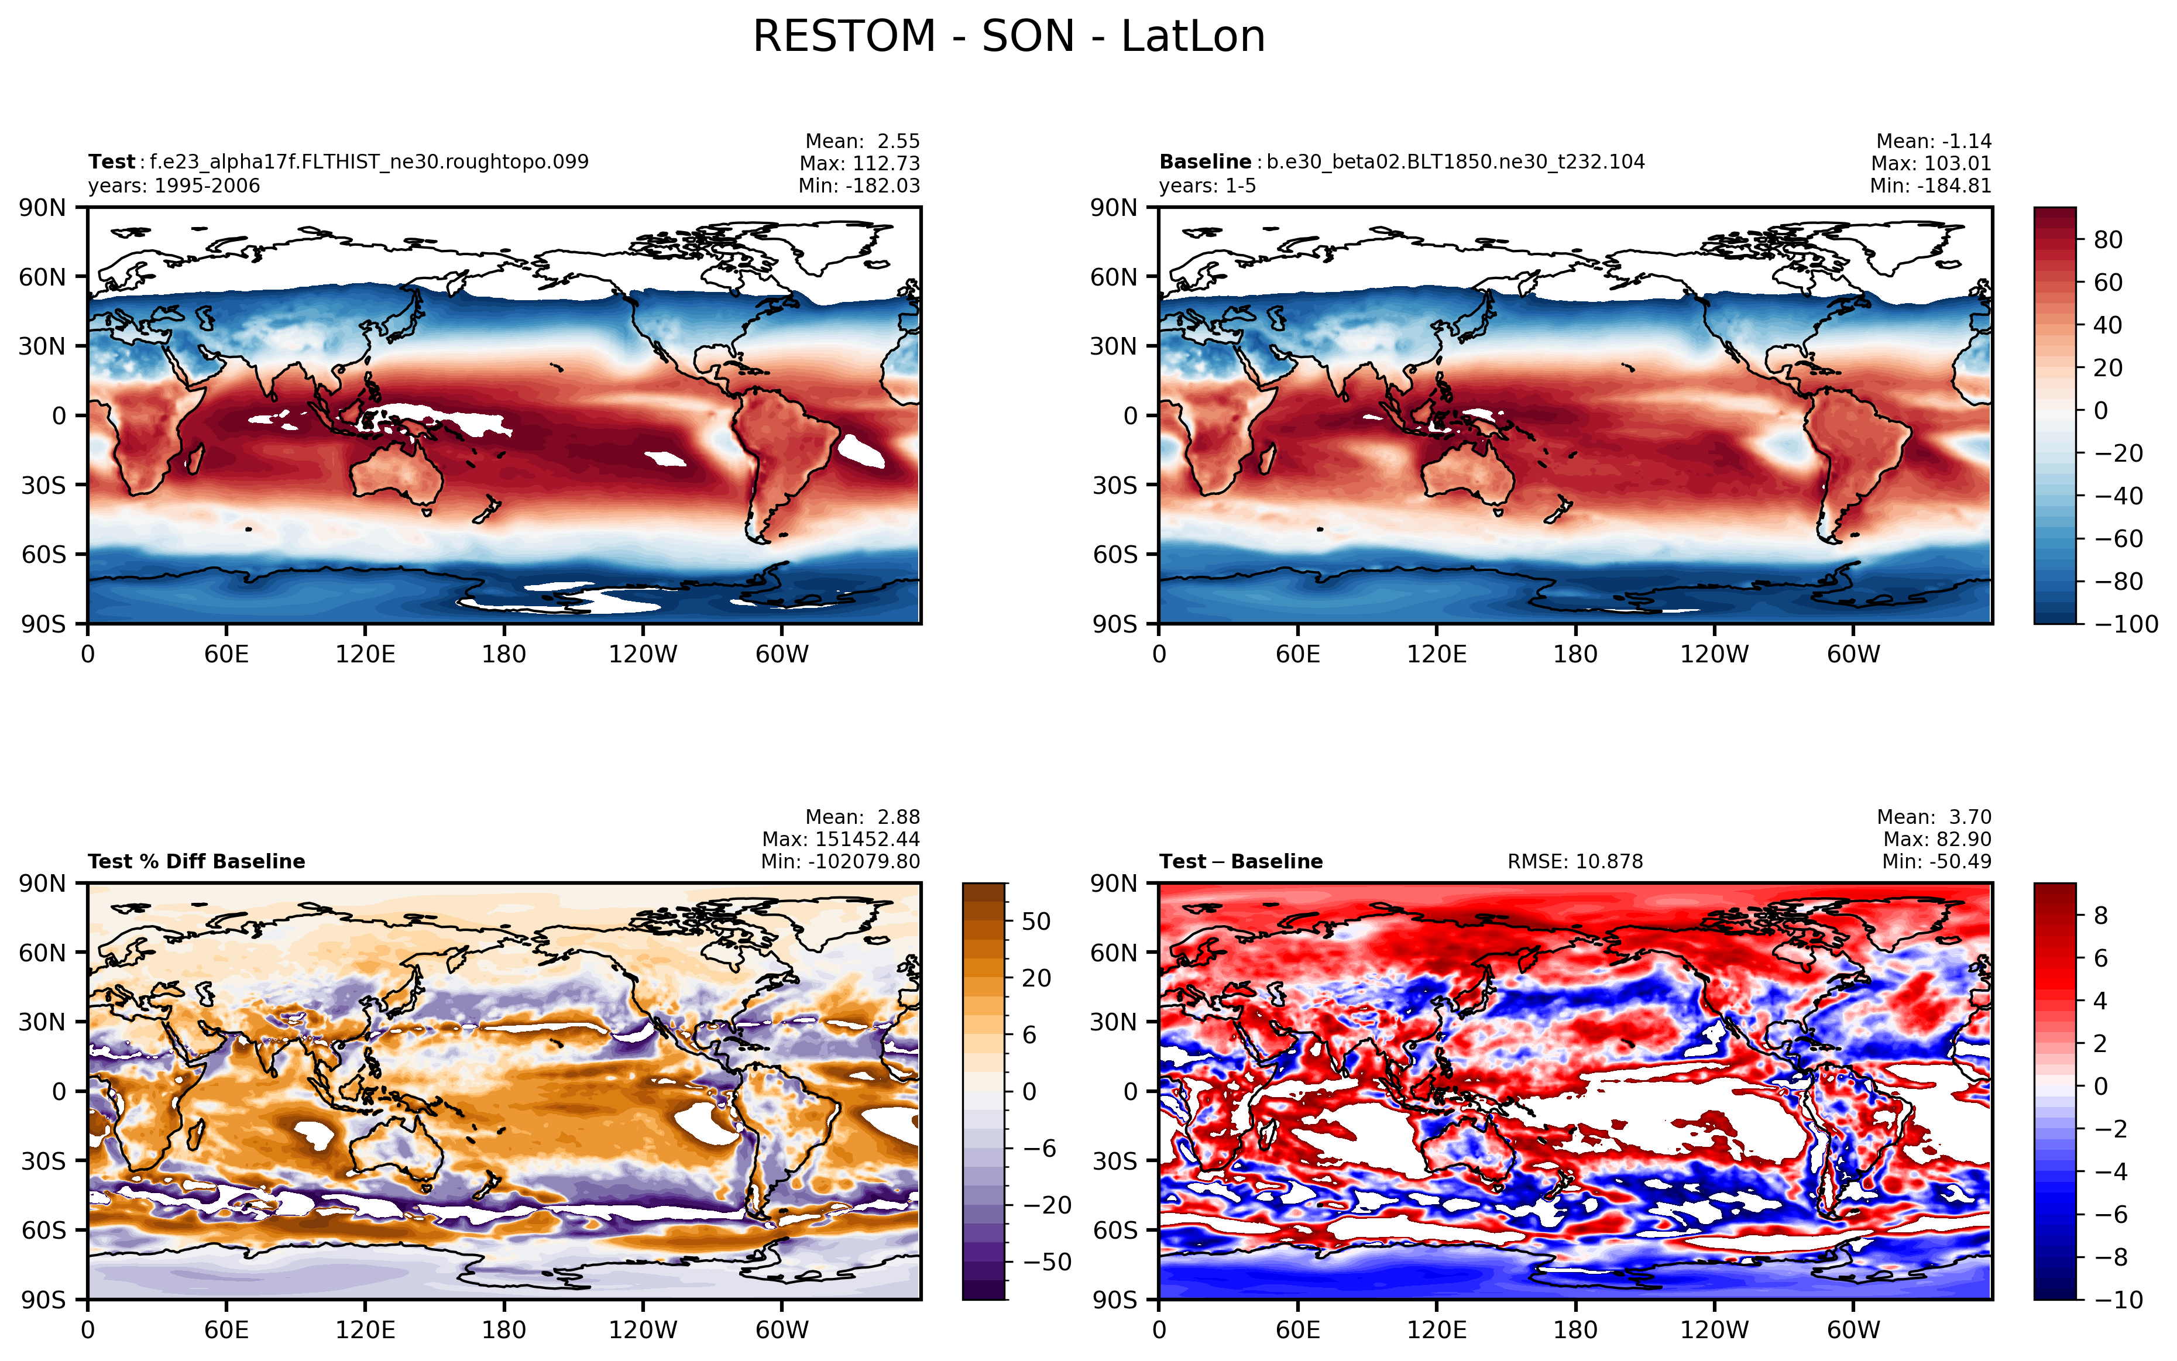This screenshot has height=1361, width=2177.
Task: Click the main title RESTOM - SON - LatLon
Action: pos(1008,37)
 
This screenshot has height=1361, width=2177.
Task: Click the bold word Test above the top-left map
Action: pos(111,162)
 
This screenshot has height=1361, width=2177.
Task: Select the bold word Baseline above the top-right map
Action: pos(1204,162)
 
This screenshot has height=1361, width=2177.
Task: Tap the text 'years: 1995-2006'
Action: pos(174,186)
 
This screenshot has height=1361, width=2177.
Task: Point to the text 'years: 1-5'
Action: pos(1207,186)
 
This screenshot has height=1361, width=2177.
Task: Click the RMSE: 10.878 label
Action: pos(1575,861)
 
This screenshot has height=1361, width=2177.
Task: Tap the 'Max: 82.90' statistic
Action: pos(1936,839)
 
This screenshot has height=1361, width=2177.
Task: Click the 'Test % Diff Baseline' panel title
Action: pos(196,861)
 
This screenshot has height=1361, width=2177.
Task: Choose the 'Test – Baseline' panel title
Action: pos(1241,861)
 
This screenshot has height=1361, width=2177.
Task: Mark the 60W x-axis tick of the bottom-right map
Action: pos(1853,1329)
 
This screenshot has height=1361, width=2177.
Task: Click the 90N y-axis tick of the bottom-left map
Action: pos(42,883)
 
